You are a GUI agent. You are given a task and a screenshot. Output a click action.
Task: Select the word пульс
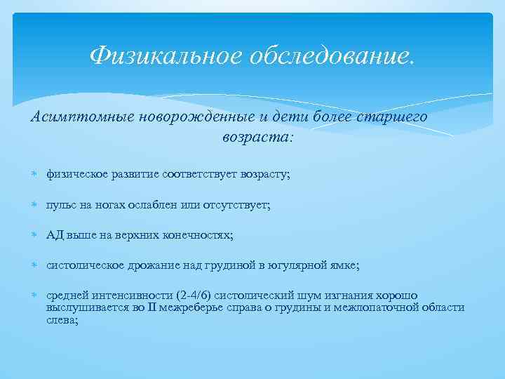(60, 205)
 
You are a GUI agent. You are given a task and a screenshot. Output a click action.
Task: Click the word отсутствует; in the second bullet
(238, 205)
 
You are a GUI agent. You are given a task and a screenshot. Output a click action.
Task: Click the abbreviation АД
(55, 236)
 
